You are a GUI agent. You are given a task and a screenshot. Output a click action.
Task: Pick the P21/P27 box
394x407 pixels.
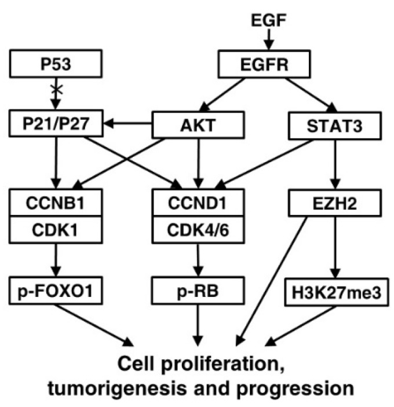pos(55,123)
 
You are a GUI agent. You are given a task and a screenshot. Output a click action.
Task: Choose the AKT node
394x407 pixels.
pos(199,123)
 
